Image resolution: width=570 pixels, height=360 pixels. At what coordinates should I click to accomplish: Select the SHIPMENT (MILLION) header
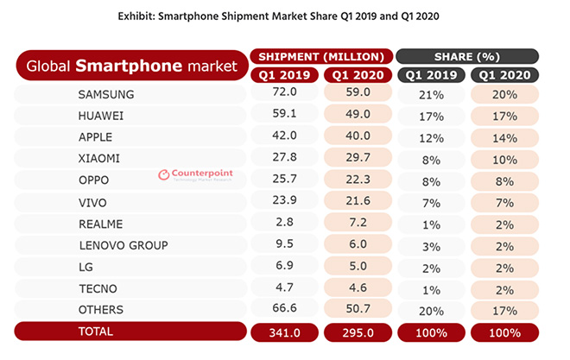321,56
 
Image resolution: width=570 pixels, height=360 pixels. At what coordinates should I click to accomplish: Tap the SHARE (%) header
468,56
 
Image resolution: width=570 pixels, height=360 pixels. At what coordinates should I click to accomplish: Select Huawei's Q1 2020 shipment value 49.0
358,115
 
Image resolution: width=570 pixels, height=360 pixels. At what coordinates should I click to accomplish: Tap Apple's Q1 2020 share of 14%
505,136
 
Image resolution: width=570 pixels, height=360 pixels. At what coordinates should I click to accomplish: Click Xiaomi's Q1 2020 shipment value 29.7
358,158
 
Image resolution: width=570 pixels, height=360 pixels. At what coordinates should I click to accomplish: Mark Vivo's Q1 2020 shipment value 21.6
358,201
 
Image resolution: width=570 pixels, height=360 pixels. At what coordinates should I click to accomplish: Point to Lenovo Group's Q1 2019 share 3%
432,245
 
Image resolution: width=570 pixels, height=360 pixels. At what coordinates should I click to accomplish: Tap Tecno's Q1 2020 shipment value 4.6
358,288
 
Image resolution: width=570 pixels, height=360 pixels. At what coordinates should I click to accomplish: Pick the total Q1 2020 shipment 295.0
358,332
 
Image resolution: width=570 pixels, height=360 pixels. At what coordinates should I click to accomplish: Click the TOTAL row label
97,332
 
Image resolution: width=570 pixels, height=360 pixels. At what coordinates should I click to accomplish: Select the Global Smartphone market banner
130,65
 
